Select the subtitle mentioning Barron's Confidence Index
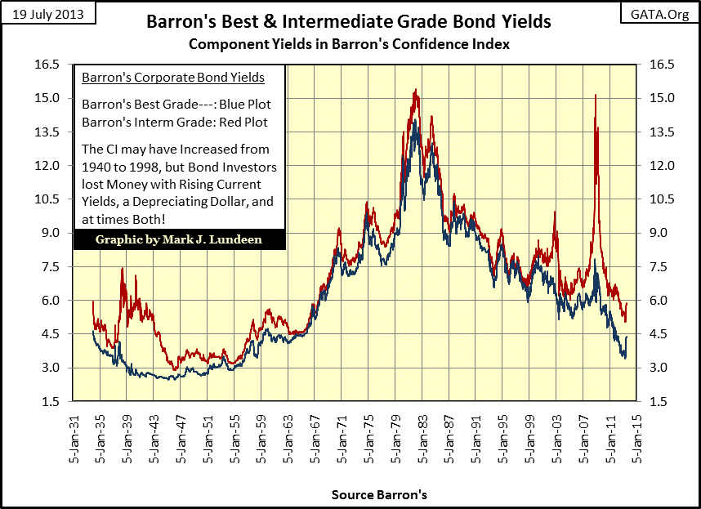[x=349, y=43]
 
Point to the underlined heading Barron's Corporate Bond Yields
[x=173, y=78]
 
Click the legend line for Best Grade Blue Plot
[x=176, y=105]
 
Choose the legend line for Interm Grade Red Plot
[x=175, y=122]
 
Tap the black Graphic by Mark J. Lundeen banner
[x=179, y=239]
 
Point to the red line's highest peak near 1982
[x=416, y=90]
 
